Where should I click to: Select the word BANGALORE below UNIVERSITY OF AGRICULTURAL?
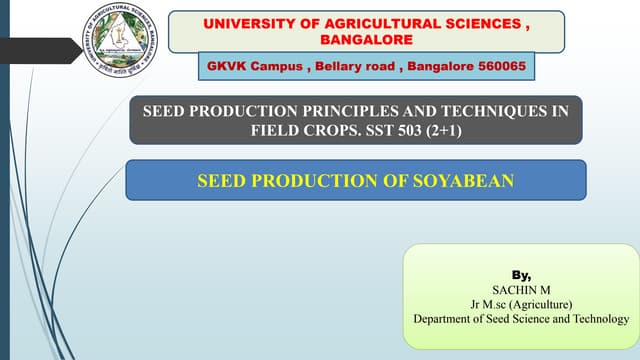(x=365, y=39)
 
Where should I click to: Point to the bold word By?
(x=521, y=273)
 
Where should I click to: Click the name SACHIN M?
(x=521, y=289)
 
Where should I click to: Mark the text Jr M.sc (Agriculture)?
(x=521, y=304)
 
